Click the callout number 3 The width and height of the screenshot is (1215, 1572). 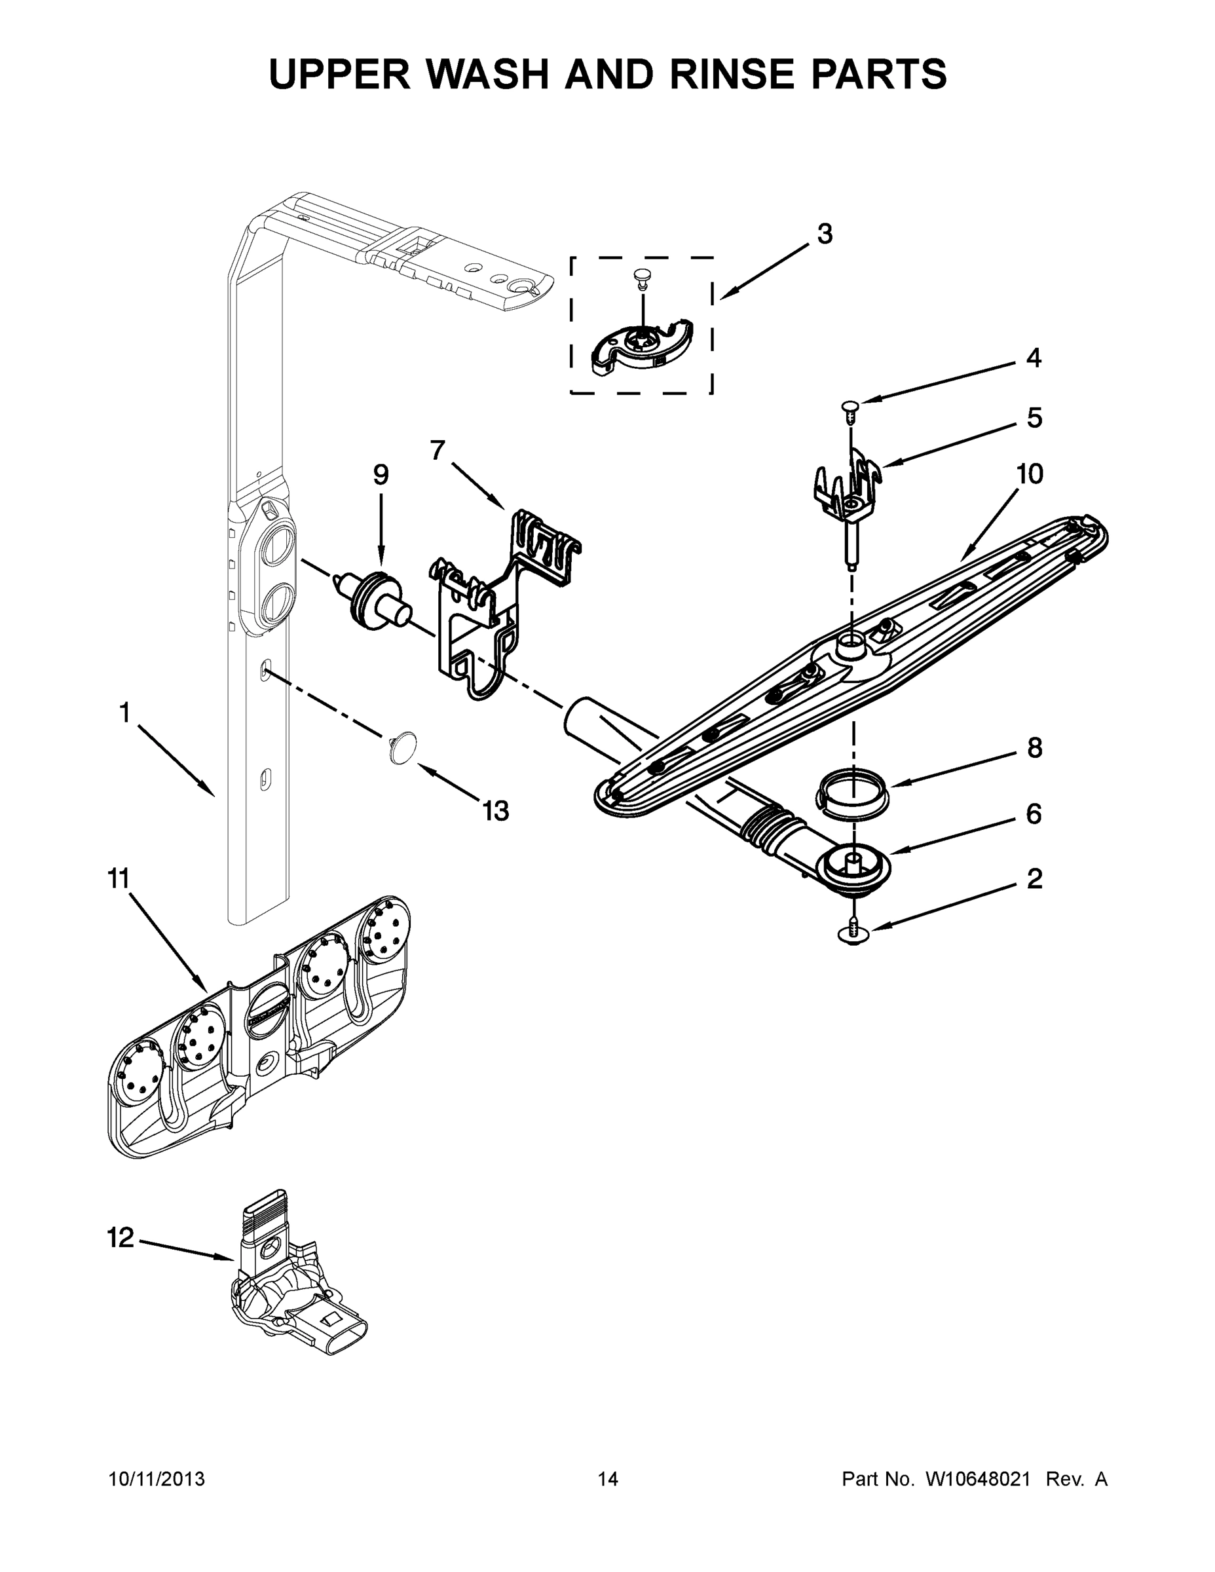click(x=825, y=234)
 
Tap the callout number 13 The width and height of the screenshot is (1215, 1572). click(x=495, y=810)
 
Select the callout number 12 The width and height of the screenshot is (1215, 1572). click(x=121, y=1237)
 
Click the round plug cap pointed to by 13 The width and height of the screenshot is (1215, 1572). click(x=401, y=745)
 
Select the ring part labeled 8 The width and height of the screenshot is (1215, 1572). click(x=851, y=793)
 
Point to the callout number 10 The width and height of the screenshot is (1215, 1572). click(x=1029, y=474)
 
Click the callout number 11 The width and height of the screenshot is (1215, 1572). click(x=118, y=878)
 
